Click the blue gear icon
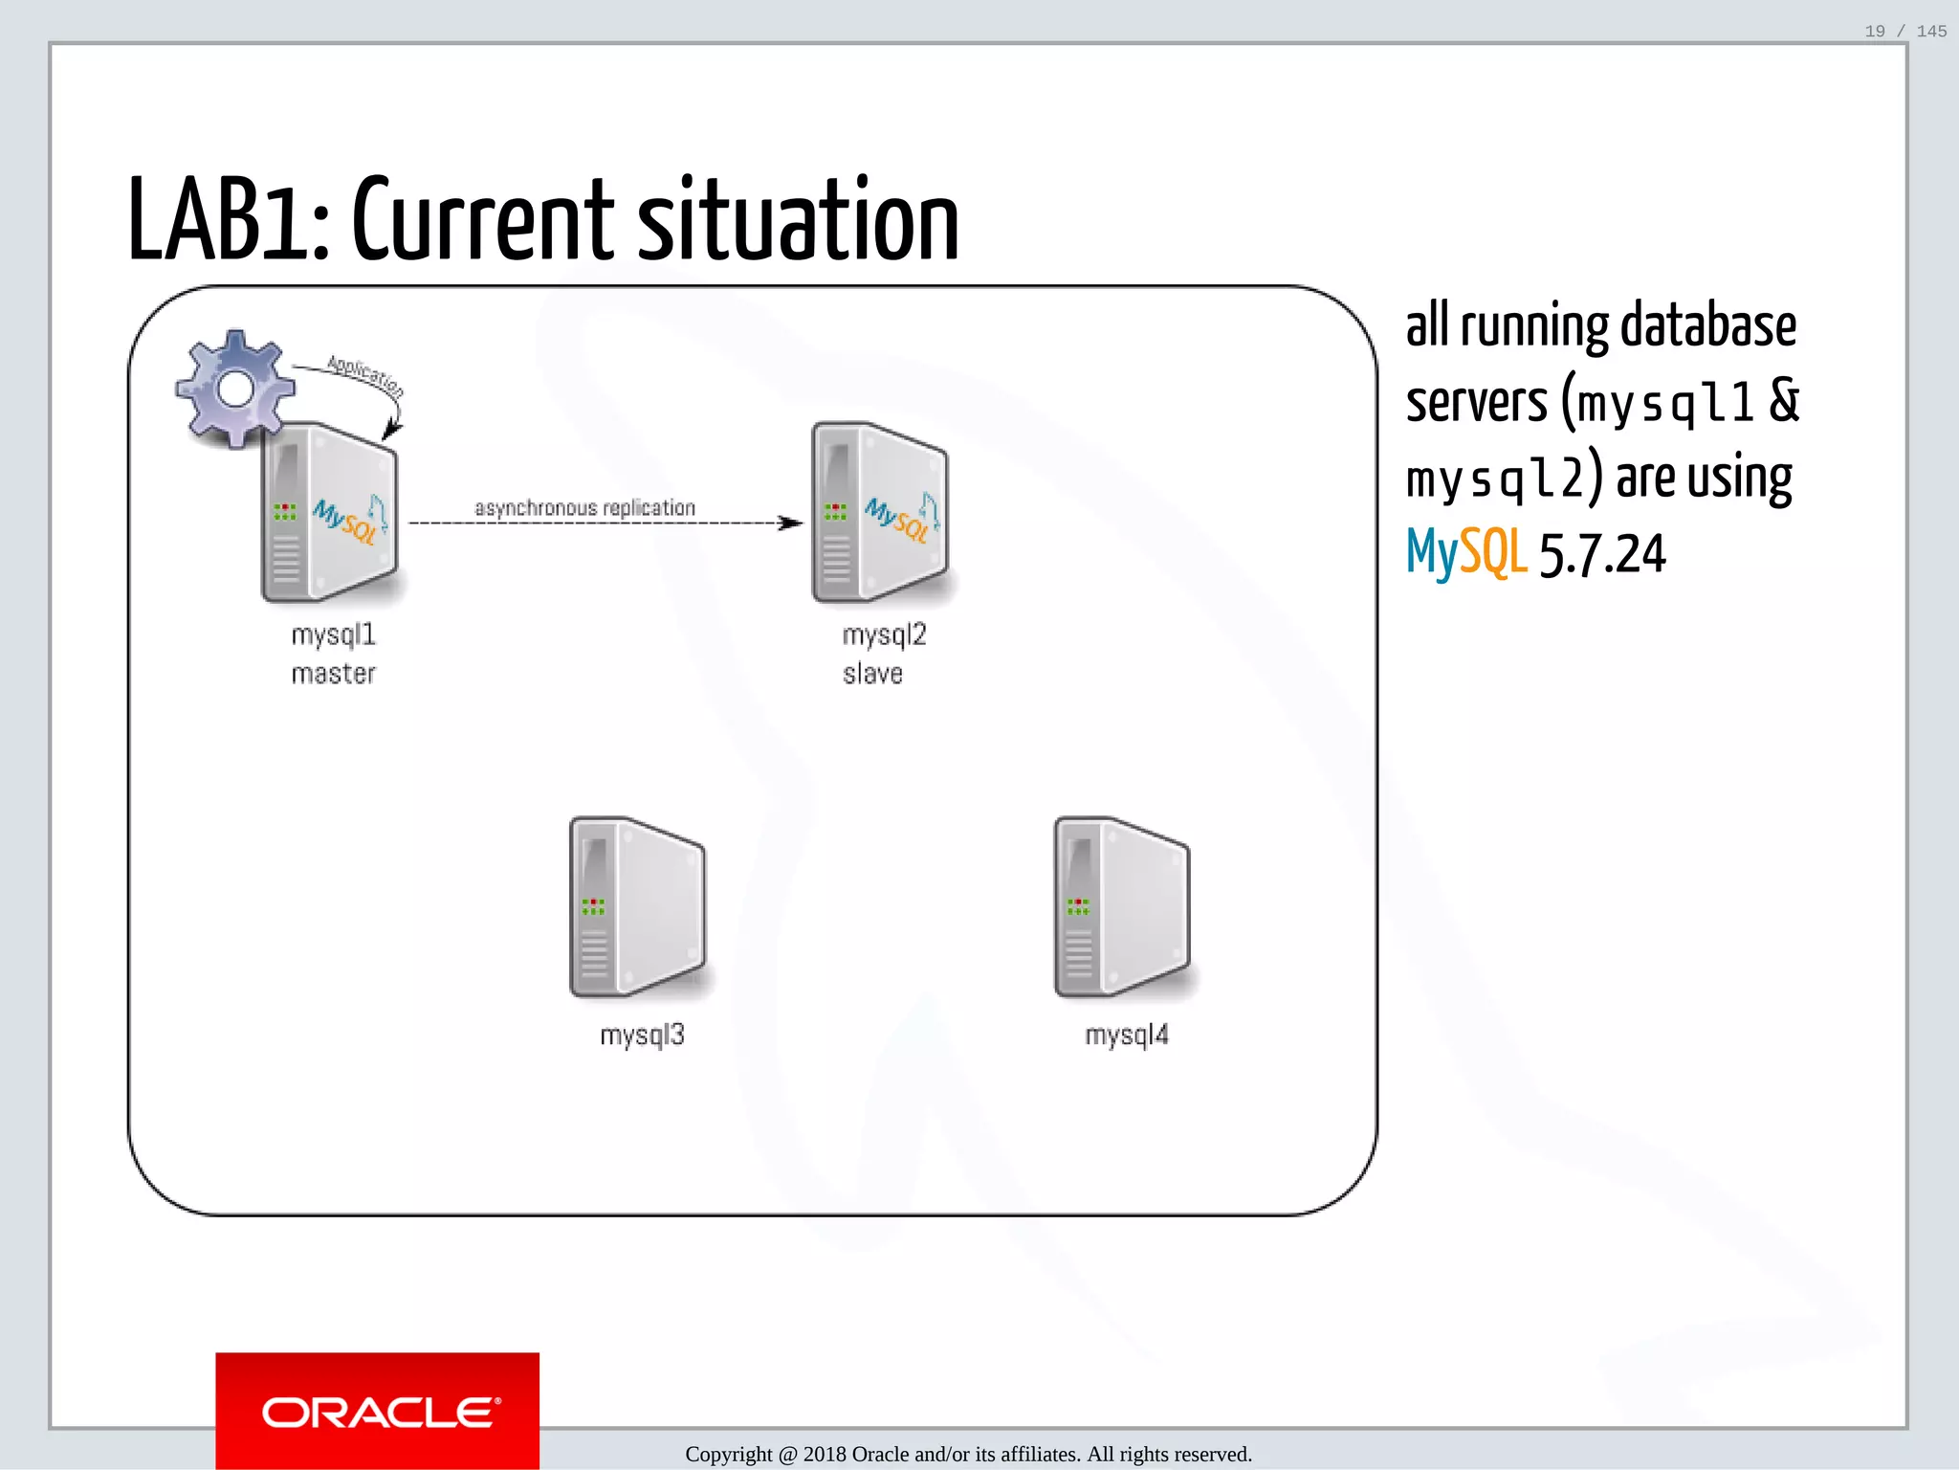[x=235, y=389]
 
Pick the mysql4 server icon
[x=1123, y=908]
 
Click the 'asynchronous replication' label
[x=584, y=508]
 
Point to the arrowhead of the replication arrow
[x=792, y=523]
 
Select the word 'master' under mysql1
[x=333, y=674]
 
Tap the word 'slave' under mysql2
[x=872, y=674]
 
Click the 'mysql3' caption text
[x=642, y=1035]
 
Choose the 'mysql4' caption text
[x=1127, y=1035]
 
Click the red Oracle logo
[x=378, y=1411]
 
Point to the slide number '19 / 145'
[x=1905, y=32]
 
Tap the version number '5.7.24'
[x=1602, y=554]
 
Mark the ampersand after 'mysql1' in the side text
[x=1784, y=400]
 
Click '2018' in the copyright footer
[x=824, y=1455]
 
